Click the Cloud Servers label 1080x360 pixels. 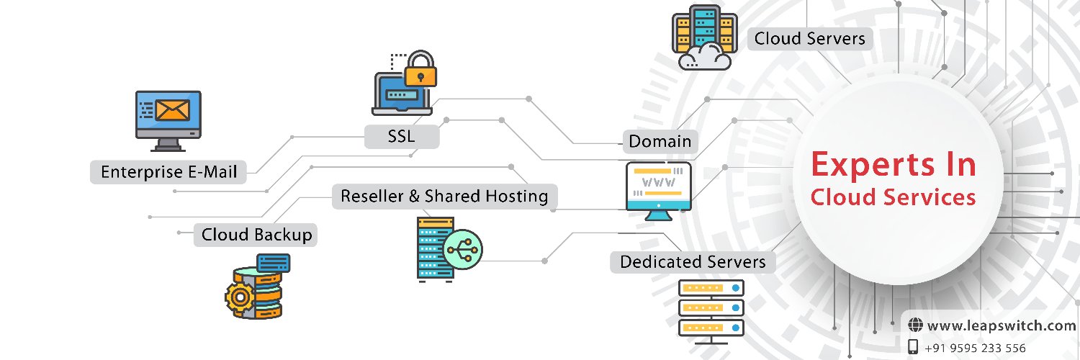coord(809,38)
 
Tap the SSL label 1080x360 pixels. coord(401,136)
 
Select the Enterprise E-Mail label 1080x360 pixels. coord(168,172)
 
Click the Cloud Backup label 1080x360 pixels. coord(256,235)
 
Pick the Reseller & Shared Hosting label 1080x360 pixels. coord(444,196)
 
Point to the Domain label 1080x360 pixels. coord(660,141)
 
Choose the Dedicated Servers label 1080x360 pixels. coord(693,261)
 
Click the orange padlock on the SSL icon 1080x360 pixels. coord(421,72)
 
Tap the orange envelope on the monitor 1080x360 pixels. coord(172,110)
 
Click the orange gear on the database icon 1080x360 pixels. coord(240,294)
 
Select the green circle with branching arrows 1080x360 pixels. coord(462,249)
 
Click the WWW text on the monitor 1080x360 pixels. coord(658,182)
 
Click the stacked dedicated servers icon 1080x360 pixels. coord(711,308)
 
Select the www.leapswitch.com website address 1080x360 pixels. coord(1001,326)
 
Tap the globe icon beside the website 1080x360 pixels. coord(915,325)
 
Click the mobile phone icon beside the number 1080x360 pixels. coord(914,347)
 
